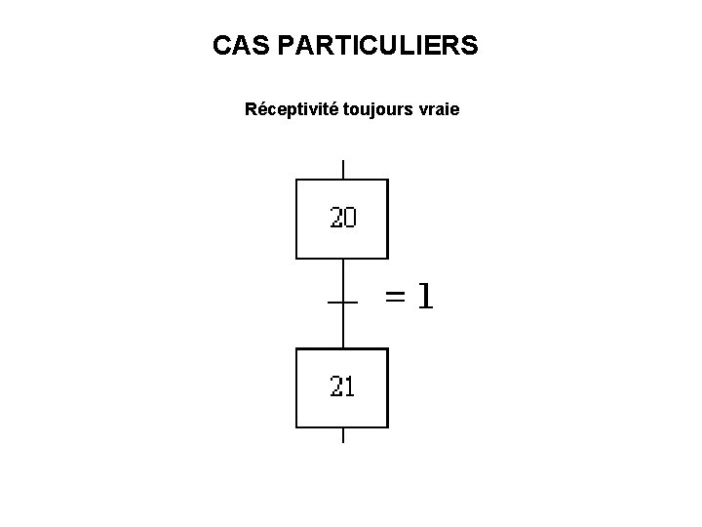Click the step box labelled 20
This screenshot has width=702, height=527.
point(342,219)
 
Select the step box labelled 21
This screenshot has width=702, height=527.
point(342,387)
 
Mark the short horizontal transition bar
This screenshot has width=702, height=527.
point(343,303)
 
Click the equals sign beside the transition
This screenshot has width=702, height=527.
point(396,297)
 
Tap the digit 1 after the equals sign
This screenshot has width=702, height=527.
point(423,296)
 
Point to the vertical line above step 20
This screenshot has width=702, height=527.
point(343,169)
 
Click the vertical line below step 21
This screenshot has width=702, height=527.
point(343,435)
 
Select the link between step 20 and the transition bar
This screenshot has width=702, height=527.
point(343,280)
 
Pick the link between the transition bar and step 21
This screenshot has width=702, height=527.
point(343,326)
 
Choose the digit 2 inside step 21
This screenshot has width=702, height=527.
point(337,386)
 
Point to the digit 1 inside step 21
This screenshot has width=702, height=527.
point(350,386)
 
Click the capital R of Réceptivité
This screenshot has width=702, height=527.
point(251,109)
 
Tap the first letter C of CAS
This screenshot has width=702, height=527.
point(221,45)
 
